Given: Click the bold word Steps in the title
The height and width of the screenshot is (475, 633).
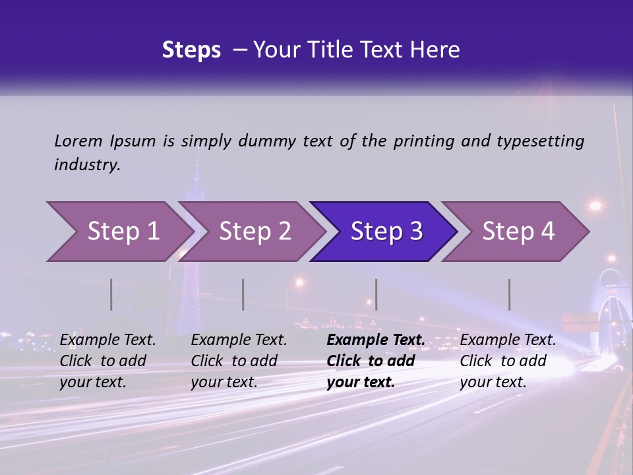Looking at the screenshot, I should pyautogui.click(x=191, y=50).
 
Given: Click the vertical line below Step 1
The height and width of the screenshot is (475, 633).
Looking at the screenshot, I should pyautogui.click(x=111, y=294).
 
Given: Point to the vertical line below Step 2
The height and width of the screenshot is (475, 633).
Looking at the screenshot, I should pyautogui.click(x=243, y=294).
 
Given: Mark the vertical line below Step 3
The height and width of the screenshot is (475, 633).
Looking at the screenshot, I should pyautogui.click(x=377, y=294).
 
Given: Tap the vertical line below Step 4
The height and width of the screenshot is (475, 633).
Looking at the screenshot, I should pyautogui.click(x=510, y=294).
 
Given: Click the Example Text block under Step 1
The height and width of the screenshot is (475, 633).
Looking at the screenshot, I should pyautogui.click(x=107, y=361).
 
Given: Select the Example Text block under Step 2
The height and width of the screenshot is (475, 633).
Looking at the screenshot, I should pyautogui.click(x=239, y=361).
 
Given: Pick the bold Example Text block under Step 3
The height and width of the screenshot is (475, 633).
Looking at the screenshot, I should pyautogui.click(x=375, y=361).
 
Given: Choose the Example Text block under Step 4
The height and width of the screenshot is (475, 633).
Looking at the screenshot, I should pyautogui.click(x=508, y=361).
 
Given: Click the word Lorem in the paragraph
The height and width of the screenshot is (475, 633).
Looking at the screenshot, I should pyautogui.click(x=78, y=141).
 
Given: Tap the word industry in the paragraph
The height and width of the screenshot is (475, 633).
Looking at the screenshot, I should pyautogui.click(x=87, y=165).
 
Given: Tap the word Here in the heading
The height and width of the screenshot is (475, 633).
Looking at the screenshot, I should pyautogui.click(x=434, y=50).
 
